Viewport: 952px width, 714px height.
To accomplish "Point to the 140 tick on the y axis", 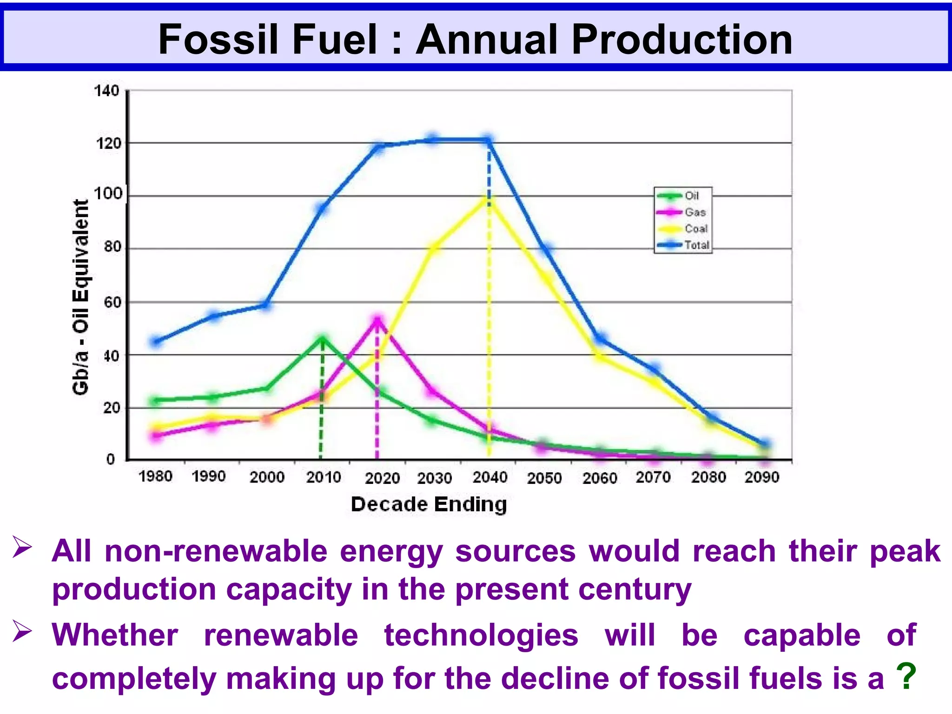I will (107, 91).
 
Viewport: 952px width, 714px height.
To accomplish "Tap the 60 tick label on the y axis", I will (112, 303).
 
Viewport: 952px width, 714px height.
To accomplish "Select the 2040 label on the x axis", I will (490, 477).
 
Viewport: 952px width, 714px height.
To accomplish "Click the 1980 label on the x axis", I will (156, 476).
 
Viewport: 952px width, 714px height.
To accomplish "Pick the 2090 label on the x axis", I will (761, 477).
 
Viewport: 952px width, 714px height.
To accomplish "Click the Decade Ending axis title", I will (429, 504).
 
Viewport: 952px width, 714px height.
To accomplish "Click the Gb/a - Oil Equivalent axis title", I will (81, 297).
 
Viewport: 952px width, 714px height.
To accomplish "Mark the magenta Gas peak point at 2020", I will (377, 319).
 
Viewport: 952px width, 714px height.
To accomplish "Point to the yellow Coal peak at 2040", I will (489, 199).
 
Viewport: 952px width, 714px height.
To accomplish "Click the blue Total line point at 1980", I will (156, 342).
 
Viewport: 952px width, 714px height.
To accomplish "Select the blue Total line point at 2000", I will (266, 305).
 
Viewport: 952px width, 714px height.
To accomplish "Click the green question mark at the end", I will (906, 676).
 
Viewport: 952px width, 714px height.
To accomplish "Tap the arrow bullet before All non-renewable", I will (22, 547).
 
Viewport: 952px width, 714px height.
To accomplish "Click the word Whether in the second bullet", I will (115, 635).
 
